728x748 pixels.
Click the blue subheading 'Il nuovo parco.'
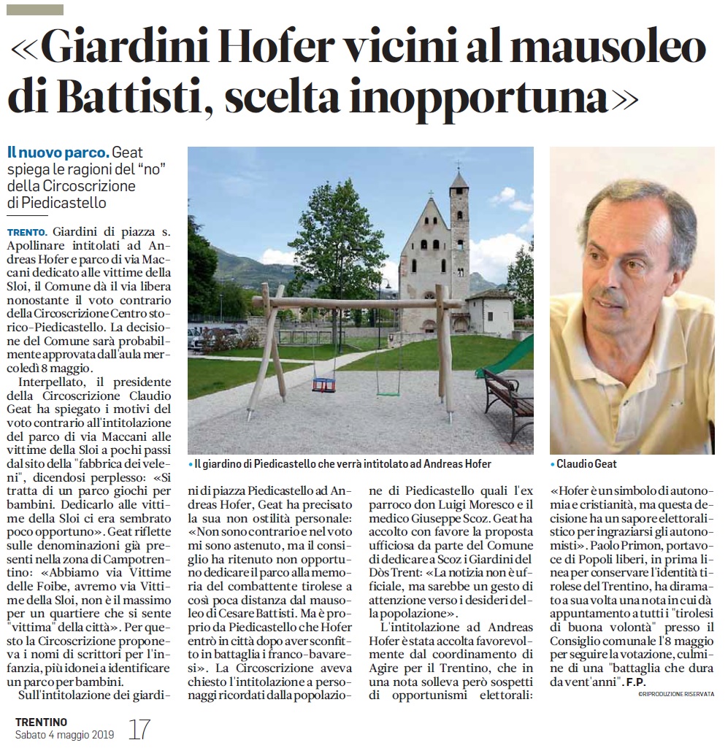58,153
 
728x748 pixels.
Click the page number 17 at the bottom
139,729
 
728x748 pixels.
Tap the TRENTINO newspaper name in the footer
41,722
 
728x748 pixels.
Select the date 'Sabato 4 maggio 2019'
64,735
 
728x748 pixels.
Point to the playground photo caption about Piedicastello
342,464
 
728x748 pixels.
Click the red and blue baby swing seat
323,385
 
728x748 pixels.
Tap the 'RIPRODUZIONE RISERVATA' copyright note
676,693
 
